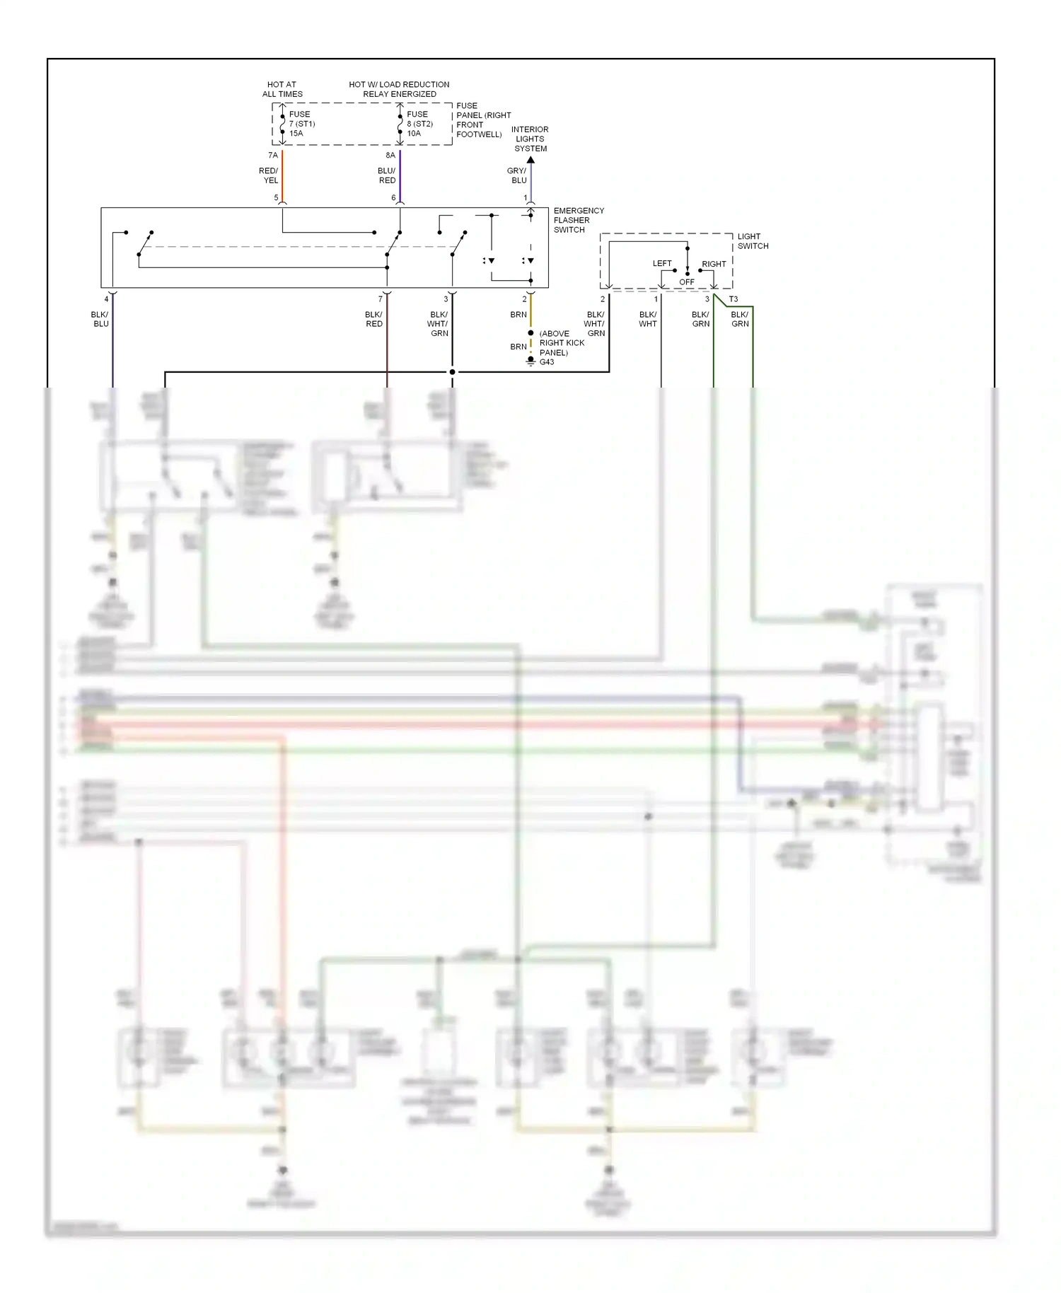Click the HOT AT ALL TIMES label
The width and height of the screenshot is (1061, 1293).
[x=282, y=89]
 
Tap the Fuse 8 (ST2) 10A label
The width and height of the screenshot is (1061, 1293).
[x=419, y=124]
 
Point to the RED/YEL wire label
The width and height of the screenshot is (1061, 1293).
[x=269, y=175]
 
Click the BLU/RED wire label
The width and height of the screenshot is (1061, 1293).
[x=387, y=175]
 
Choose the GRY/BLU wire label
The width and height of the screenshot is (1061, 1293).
[x=517, y=175]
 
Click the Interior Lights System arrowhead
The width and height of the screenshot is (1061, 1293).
[x=530, y=161]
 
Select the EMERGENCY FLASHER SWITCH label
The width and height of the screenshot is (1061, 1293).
[x=578, y=220]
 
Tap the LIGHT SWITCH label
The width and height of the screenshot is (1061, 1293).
[x=753, y=241]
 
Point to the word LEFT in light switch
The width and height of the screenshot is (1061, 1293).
[x=662, y=263]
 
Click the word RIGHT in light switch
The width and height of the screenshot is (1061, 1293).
[x=714, y=264]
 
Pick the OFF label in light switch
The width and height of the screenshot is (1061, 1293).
[x=687, y=282]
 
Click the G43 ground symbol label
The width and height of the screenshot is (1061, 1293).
[x=547, y=362]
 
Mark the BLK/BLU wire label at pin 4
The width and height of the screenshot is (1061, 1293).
[x=100, y=319]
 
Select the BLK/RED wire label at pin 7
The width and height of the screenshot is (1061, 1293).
[x=373, y=319]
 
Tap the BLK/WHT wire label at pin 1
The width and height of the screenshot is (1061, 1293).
[x=648, y=319]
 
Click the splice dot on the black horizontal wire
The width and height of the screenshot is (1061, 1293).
[x=452, y=372]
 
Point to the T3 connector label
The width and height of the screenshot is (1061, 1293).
[x=734, y=299]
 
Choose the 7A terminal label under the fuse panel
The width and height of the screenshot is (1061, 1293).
[x=273, y=156]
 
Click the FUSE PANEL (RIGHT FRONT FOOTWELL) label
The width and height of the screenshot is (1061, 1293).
[x=482, y=120]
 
